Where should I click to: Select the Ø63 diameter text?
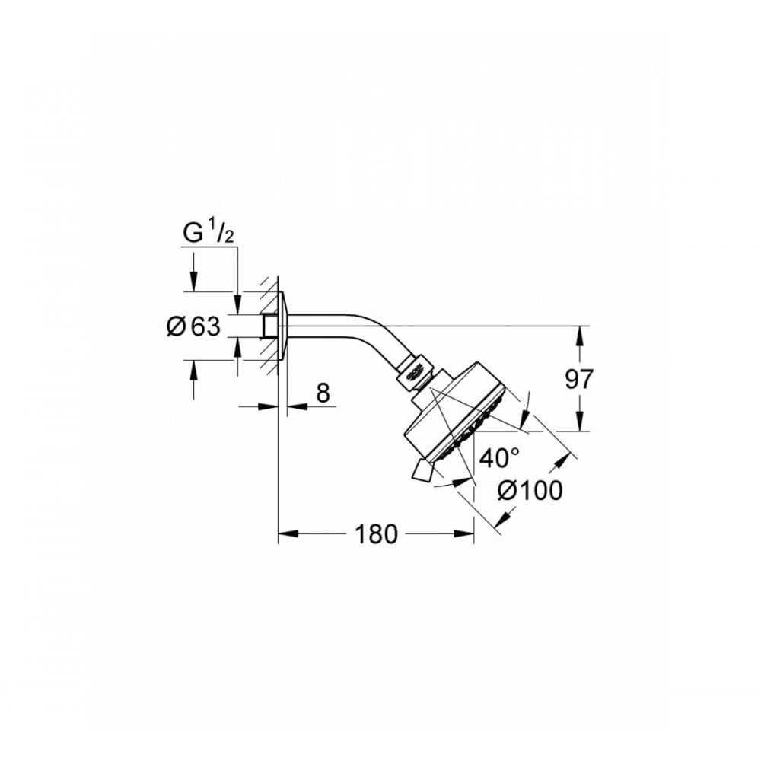click(193, 327)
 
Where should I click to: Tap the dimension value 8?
click(323, 393)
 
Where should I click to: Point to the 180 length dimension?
click(376, 534)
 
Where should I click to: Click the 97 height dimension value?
click(579, 378)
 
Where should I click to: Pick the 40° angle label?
click(499, 457)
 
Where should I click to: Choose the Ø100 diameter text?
click(530, 491)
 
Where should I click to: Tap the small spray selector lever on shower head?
click(421, 471)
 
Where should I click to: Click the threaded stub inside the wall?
click(268, 327)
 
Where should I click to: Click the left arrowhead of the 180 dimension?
click(283, 534)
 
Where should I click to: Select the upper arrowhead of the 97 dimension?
click(580, 333)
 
